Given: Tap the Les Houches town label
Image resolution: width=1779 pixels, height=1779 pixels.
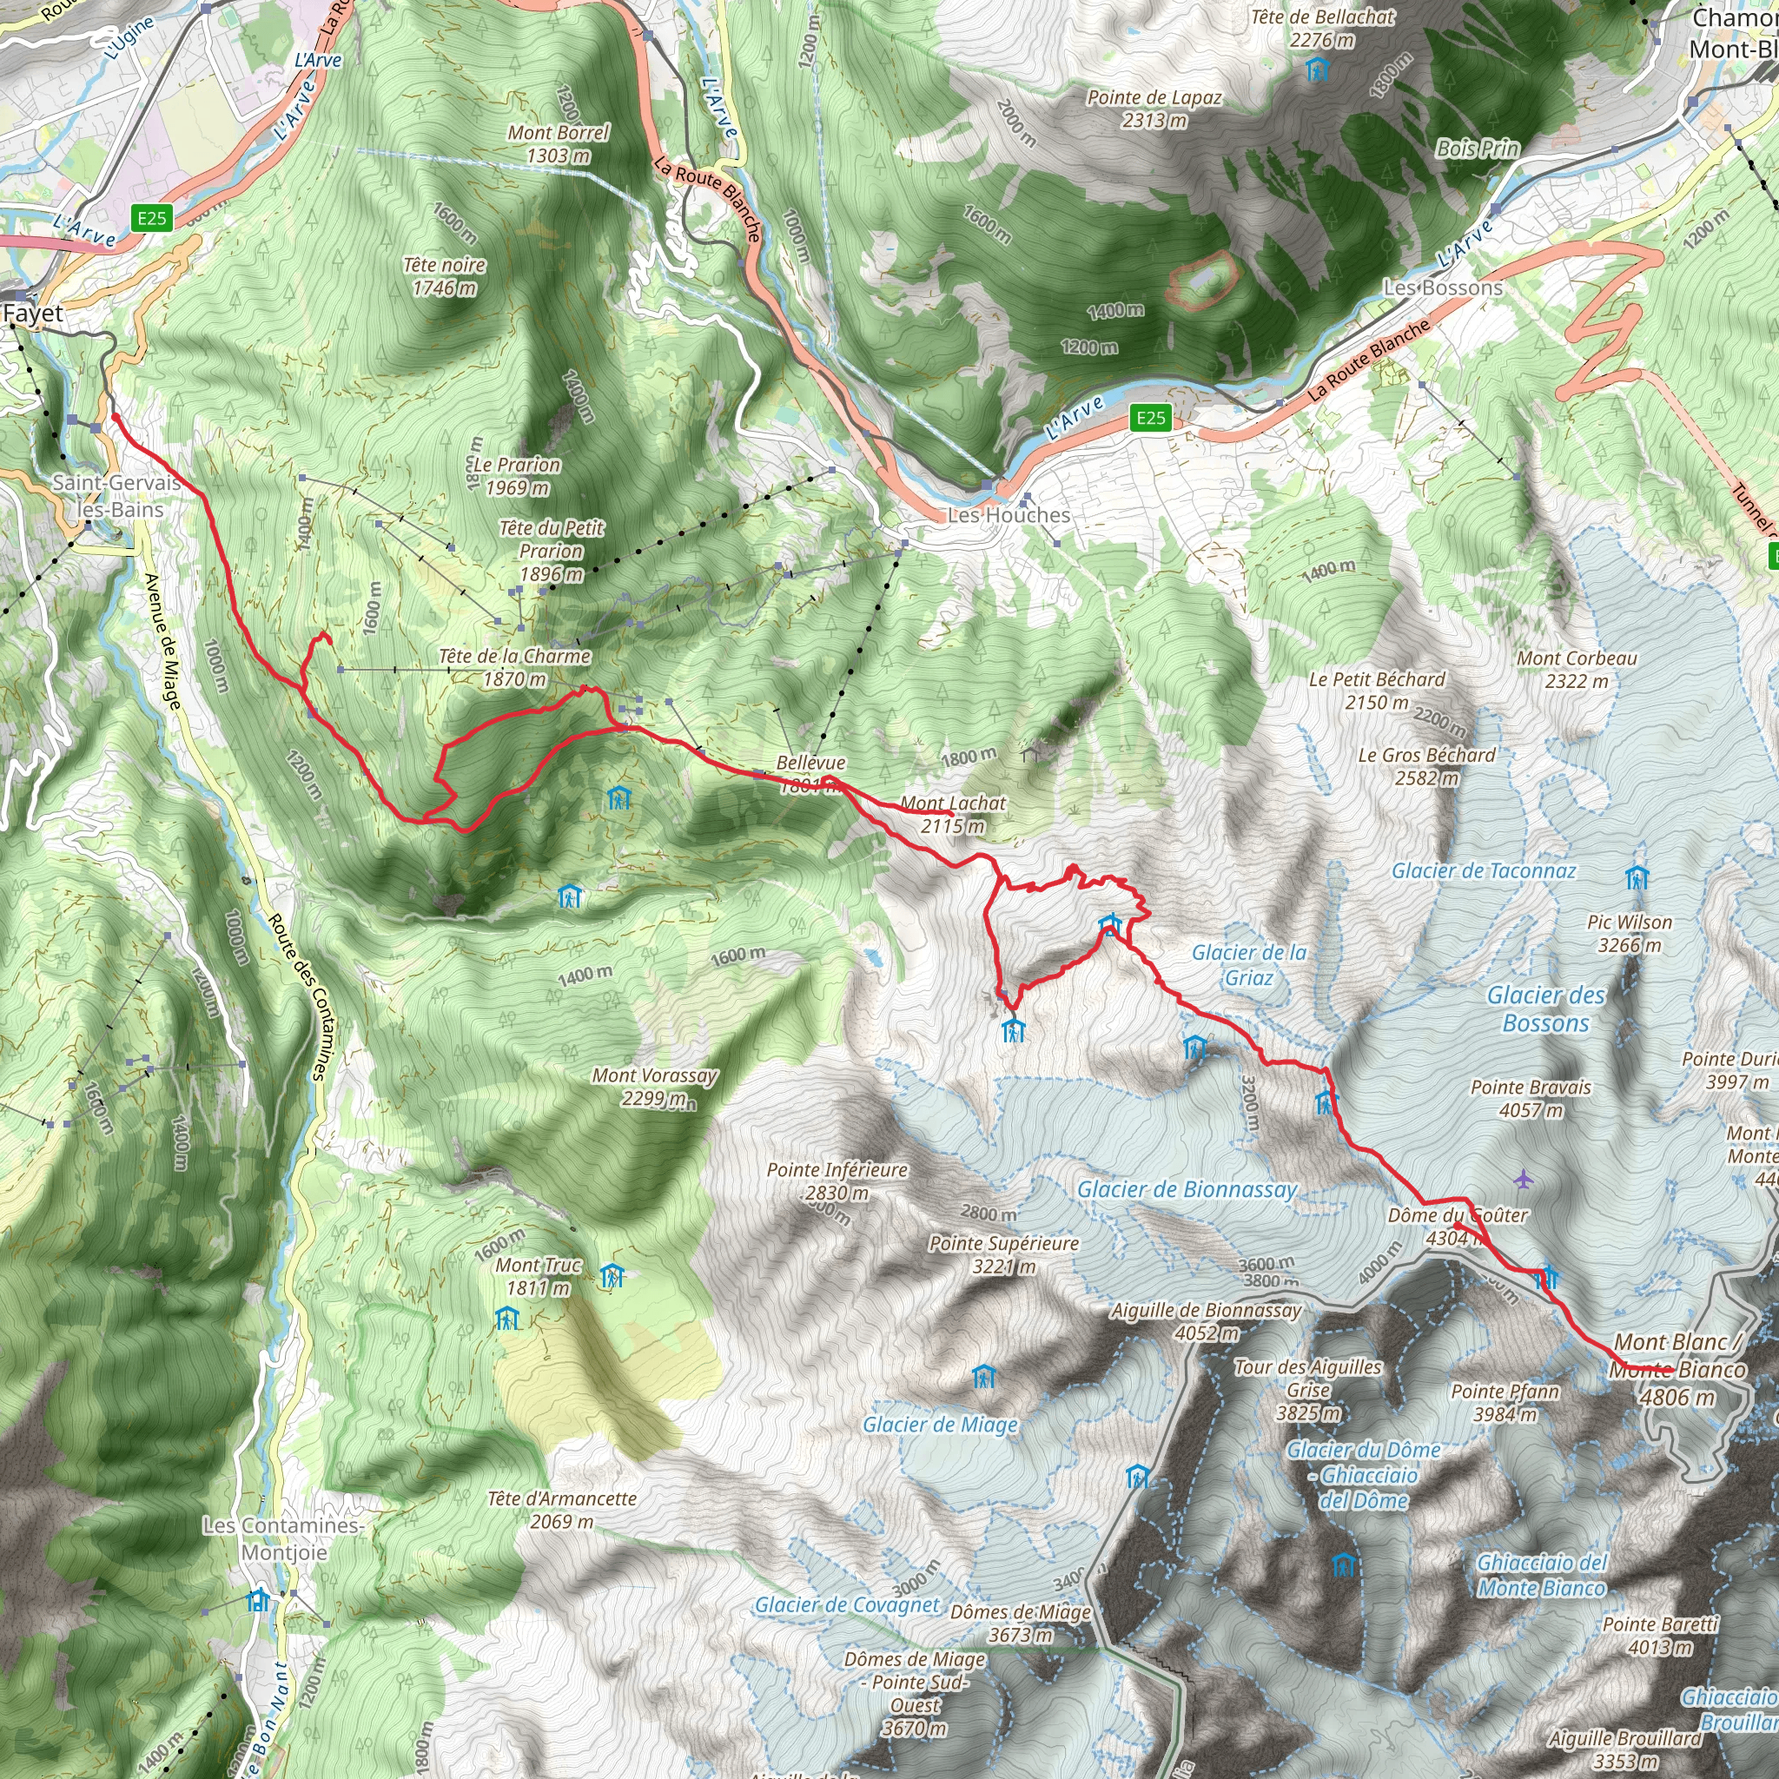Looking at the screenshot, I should click(1009, 515).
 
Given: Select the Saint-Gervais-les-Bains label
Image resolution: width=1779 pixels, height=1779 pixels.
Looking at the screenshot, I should click(117, 495).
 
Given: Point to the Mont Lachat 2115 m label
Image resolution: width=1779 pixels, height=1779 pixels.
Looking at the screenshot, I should click(952, 814).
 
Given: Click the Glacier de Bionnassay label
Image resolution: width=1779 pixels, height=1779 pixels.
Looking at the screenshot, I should click(1186, 1190).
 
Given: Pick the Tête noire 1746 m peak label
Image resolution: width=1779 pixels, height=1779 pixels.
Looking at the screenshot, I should click(445, 276).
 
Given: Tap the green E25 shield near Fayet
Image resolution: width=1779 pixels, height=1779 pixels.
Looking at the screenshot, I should click(152, 218).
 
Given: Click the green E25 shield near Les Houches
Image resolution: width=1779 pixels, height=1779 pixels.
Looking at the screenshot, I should click(1150, 418).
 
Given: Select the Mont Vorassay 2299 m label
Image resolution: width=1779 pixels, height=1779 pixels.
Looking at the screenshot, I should click(654, 1086).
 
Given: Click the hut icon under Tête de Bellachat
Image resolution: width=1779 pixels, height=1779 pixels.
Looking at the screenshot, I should click(1318, 69).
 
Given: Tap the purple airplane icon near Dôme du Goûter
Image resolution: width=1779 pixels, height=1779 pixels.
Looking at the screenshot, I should click(1523, 1179).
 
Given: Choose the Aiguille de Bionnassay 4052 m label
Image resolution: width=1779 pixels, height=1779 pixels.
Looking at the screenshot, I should click(1206, 1320).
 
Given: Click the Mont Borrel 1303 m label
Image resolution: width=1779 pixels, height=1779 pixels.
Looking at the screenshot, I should click(558, 143).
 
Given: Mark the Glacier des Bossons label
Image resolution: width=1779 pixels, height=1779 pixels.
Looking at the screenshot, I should click(1546, 1009).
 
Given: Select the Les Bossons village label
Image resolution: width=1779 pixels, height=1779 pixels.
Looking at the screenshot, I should click(1443, 288).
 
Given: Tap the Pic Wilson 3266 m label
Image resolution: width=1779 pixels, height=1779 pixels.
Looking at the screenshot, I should click(1629, 933).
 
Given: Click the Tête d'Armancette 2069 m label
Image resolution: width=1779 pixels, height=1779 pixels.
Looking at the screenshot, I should click(562, 1510).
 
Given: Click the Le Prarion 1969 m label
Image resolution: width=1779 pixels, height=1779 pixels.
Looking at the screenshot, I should click(517, 476).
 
